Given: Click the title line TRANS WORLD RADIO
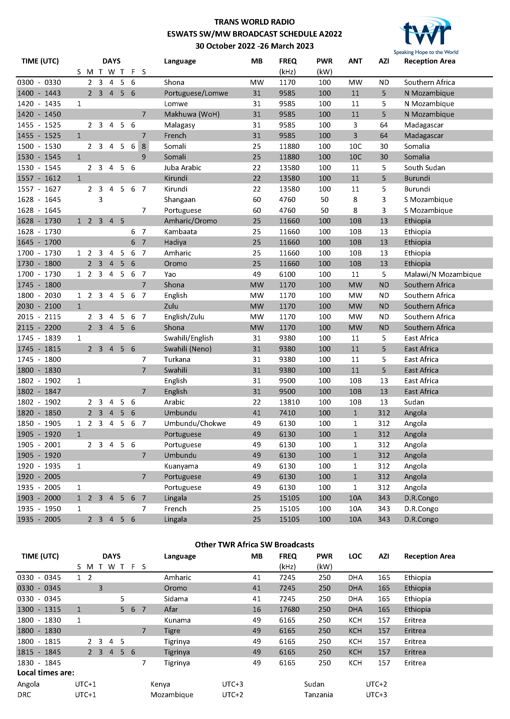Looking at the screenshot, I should click(254, 22).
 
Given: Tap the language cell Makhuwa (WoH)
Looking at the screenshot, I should click(191, 114).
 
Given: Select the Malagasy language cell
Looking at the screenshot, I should click(179, 125).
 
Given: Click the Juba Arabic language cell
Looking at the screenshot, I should click(182, 168).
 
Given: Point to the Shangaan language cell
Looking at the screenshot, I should click(180, 200).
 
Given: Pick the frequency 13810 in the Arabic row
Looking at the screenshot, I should click(289, 402).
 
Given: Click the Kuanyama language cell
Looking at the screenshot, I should click(181, 466).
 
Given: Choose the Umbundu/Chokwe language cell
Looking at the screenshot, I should click(195, 423).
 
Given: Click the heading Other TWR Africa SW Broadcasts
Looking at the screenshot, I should click(254, 545).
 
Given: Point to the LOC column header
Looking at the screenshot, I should click(355, 556).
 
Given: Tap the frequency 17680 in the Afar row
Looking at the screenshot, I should click(289, 610).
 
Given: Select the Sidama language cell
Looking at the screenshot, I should click(176, 599).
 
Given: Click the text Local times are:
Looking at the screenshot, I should click(46, 673).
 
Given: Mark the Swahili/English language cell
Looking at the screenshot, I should click(188, 338).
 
